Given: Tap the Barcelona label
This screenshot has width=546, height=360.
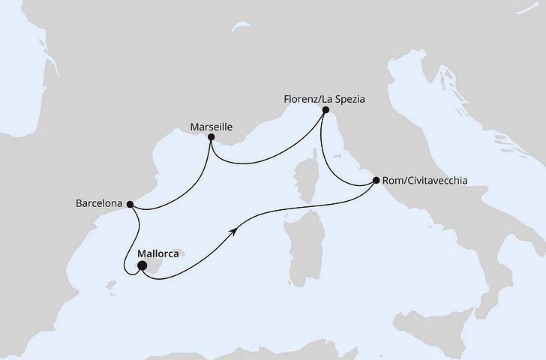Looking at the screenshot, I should click(x=100, y=203).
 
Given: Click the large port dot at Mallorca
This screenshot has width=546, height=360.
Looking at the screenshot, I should click(x=142, y=265).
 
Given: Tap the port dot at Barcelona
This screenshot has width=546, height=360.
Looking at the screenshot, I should click(x=130, y=203).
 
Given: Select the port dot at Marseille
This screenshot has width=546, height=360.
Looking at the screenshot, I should click(x=211, y=139).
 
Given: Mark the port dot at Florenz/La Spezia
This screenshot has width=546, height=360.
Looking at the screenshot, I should click(x=325, y=109).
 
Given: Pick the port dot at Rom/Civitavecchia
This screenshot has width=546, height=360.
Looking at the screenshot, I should click(x=375, y=181).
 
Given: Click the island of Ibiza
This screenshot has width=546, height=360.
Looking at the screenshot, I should click(x=112, y=287).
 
